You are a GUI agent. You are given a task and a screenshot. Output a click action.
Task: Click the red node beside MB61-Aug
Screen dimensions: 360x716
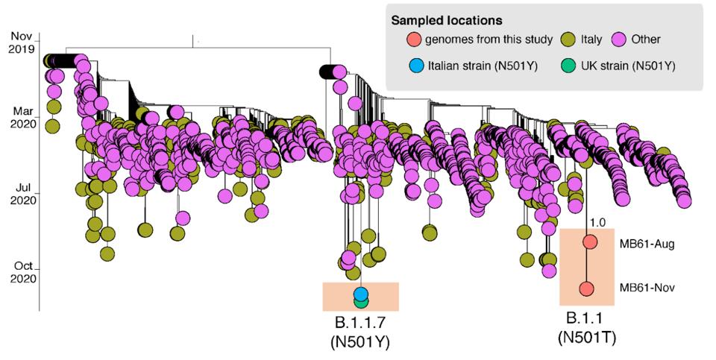tap(590, 242)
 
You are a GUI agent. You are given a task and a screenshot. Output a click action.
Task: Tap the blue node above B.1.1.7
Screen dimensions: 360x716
tap(361, 294)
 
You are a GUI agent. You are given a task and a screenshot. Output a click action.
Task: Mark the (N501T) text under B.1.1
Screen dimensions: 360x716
tap(586, 337)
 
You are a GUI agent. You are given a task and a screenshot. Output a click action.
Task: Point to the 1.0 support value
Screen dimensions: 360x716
tap(597, 222)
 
